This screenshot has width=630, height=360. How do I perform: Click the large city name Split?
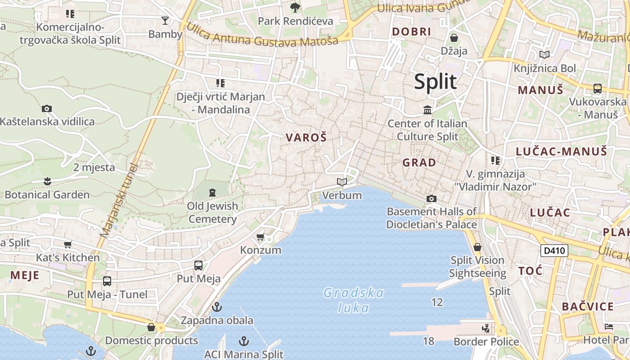click(435, 81)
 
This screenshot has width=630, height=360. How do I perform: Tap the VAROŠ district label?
click(306, 138)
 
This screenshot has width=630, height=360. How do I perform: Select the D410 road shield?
click(554, 250)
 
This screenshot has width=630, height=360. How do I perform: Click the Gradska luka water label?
click(354, 300)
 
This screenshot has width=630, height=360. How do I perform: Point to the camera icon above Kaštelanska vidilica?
click(46, 108)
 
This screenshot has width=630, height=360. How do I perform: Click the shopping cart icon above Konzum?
click(260, 237)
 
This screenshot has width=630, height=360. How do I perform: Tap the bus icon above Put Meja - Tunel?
click(107, 281)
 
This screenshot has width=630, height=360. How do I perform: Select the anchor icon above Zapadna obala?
click(217, 307)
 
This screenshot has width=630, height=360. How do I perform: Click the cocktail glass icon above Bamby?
click(165, 21)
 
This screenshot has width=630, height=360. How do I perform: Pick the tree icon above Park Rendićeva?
click(295, 7)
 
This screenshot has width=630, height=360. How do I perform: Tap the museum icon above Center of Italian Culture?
click(427, 109)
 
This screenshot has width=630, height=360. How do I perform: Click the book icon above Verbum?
click(342, 182)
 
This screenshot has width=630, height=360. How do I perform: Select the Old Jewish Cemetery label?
click(212, 212)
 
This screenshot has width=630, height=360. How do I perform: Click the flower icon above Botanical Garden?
click(47, 181)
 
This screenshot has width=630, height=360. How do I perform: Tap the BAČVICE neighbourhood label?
click(588, 307)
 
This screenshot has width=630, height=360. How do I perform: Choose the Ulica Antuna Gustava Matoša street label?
click(262, 35)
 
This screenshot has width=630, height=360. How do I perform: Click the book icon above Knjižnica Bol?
click(544, 55)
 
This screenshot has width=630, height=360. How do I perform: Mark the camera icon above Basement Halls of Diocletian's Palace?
click(431, 198)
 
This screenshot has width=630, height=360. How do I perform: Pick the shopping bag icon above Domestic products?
click(151, 327)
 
